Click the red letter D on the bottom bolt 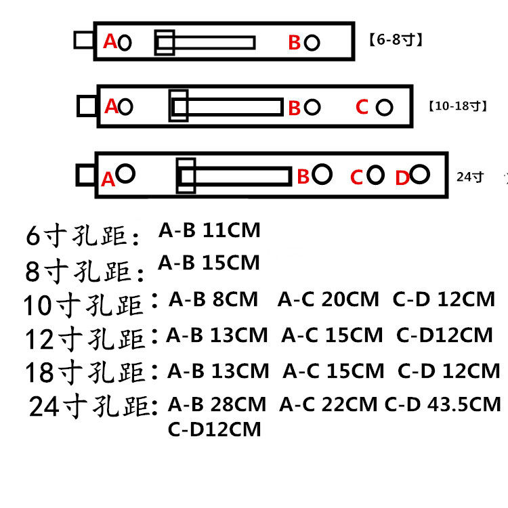pyautogui.click(x=402, y=178)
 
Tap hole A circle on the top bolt pyautogui.click(x=125, y=43)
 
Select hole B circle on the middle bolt pyautogui.click(x=312, y=106)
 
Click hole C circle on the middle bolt pyautogui.click(x=384, y=107)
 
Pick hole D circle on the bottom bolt pyautogui.click(x=420, y=175)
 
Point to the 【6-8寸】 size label pyautogui.click(x=396, y=40)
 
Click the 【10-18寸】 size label pyautogui.click(x=457, y=106)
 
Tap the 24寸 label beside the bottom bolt pyautogui.click(x=471, y=177)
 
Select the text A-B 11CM pyautogui.click(x=209, y=230)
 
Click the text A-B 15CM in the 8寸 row pyautogui.click(x=209, y=262)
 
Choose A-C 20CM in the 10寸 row pyautogui.click(x=329, y=299)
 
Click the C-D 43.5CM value pyautogui.click(x=443, y=404)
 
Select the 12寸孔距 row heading pyautogui.click(x=85, y=338)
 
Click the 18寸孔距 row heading pyautogui.click(x=85, y=372)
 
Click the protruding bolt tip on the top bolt pyautogui.click(x=84, y=40)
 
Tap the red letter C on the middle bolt pyautogui.click(x=362, y=107)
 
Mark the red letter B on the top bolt pyautogui.click(x=294, y=43)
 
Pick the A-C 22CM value pyautogui.click(x=329, y=404)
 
